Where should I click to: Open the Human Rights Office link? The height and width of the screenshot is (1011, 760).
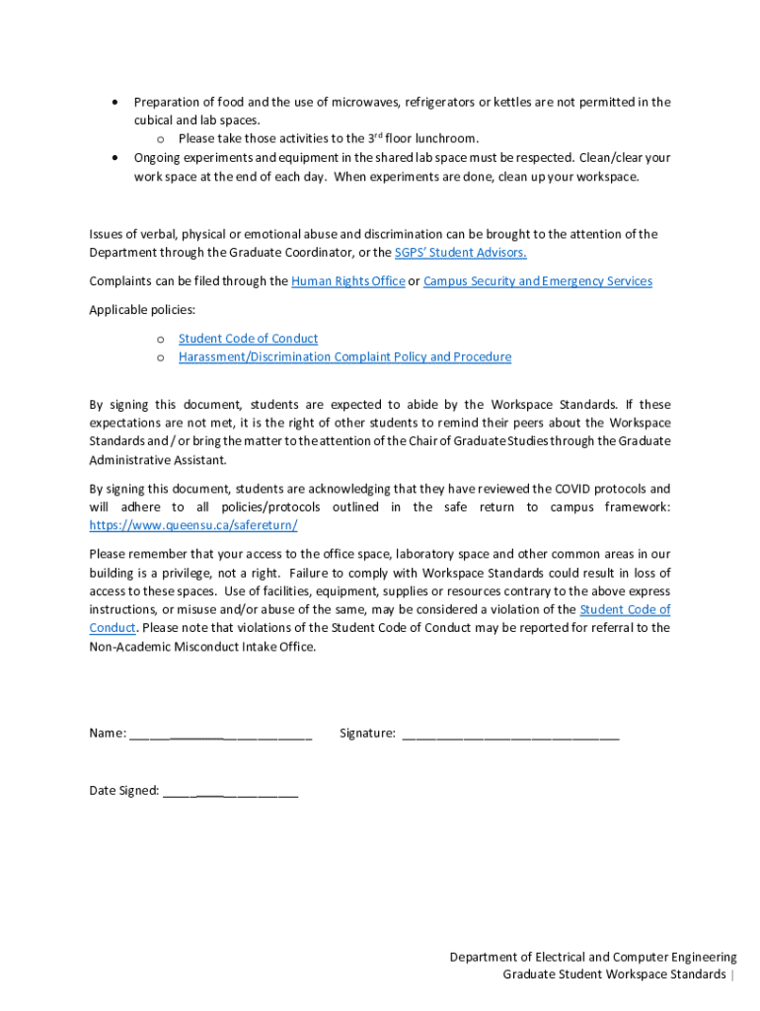(347, 281)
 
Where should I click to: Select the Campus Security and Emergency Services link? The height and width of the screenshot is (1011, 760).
(537, 281)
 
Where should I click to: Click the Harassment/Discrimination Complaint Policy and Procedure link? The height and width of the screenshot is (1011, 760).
(344, 356)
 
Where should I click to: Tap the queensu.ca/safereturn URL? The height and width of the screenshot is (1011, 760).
(192, 525)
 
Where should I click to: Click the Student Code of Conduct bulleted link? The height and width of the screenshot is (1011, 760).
(248, 339)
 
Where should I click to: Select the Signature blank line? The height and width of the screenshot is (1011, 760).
(509, 734)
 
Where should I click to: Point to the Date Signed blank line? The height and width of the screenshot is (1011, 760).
(230, 791)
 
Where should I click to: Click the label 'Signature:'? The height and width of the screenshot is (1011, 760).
(367, 734)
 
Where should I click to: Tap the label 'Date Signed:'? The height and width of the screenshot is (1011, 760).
(124, 791)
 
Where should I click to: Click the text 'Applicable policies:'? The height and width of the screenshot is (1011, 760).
(142, 310)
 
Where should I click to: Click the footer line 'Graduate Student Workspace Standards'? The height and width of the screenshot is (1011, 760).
(614, 975)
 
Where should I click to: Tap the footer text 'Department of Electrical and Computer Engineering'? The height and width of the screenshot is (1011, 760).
(593, 957)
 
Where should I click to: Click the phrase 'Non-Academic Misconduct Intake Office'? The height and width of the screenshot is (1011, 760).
(201, 647)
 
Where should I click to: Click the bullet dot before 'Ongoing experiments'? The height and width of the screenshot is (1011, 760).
(116, 158)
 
